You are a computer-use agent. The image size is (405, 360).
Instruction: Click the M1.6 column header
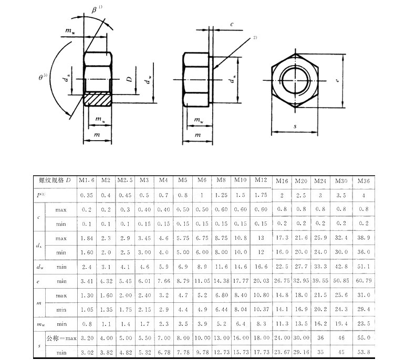click(x=86, y=181)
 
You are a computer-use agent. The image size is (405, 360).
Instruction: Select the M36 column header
click(x=363, y=181)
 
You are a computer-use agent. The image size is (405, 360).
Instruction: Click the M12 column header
click(x=261, y=180)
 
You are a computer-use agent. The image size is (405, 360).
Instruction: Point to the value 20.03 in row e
click(x=261, y=281)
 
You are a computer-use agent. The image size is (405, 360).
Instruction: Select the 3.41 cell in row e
click(x=87, y=281)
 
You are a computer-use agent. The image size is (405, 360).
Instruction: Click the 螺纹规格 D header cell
click(x=55, y=180)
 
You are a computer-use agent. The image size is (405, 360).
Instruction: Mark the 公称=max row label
click(x=61, y=338)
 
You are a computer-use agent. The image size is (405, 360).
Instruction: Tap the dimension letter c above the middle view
click(x=232, y=24)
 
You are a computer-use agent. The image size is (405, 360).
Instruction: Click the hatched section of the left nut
click(x=98, y=98)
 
